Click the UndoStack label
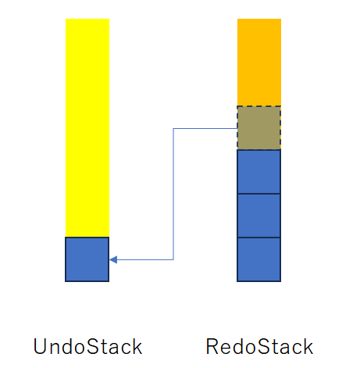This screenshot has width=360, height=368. (87, 346)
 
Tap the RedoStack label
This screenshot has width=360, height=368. (259, 346)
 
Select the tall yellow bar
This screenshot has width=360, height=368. (87, 127)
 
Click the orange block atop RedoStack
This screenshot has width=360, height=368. (259, 63)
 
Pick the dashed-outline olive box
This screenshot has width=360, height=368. (259, 127)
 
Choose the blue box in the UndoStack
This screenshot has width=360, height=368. (87, 259)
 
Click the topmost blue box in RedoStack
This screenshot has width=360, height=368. (259, 172)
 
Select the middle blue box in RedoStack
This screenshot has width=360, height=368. (259, 216)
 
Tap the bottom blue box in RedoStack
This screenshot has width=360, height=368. (259, 259)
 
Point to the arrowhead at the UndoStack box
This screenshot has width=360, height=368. (113, 259)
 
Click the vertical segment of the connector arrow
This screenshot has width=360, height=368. (173, 194)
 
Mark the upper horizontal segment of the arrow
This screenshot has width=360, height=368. (205, 128)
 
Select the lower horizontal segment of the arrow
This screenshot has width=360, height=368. (141, 259)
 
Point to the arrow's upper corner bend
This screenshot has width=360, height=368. (173, 128)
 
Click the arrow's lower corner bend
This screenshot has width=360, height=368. (173, 259)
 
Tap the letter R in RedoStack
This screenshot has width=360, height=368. (212, 346)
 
